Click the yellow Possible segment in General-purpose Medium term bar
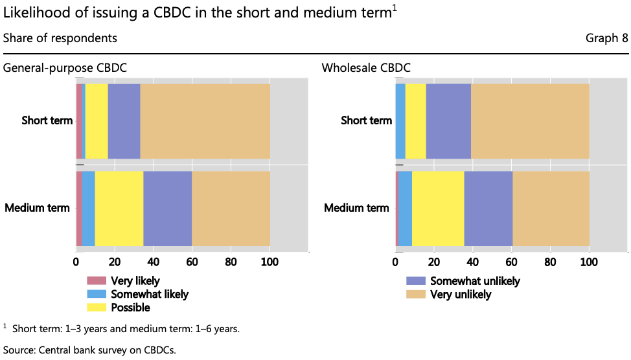tap(119, 208)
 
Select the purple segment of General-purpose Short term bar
tap(124, 121)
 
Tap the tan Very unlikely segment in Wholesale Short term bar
tap(530, 121)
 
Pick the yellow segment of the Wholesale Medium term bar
tap(438, 208)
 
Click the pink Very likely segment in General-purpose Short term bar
tap(79, 121)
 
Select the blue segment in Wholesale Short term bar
tap(400, 121)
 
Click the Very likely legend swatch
tap(96, 281)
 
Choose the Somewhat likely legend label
tap(150, 294)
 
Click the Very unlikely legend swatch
tap(415, 294)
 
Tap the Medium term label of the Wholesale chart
tap(357, 208)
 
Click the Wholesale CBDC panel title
tap(366, 67)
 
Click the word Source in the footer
tap(18, 350)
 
